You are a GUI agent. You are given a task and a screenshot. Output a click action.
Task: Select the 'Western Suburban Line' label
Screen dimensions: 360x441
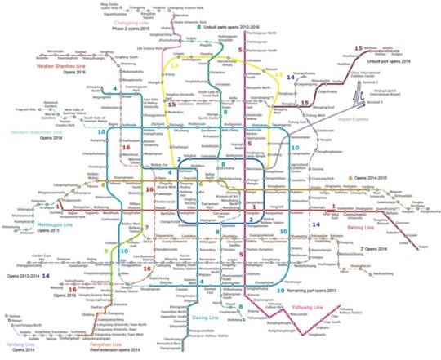(x=34, y=131)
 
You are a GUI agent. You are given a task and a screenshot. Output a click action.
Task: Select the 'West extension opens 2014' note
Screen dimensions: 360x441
(x=100, y=354)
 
